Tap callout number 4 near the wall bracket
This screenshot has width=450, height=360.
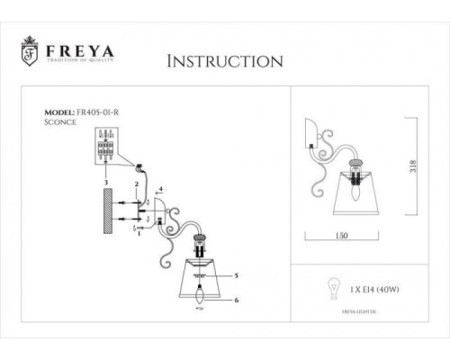(x=160, y=190)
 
